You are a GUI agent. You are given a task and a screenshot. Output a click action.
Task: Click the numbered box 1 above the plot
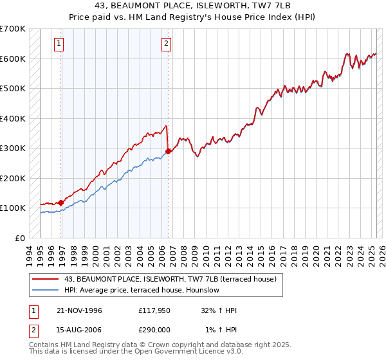tap(59, 44)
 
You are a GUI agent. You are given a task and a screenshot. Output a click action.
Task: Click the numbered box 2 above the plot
tap(166, 44)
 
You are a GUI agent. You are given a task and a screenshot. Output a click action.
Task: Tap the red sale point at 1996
tap(61, 203)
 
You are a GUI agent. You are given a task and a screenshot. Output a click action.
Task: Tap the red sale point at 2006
tap(169, 151)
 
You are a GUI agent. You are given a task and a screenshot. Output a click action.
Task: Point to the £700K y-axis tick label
tap(13, 29)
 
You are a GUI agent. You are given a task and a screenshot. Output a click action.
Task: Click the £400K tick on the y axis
tap(13, 118)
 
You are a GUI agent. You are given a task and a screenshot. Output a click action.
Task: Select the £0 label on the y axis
tap(19, 238)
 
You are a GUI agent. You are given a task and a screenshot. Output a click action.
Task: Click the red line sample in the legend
tap(46, 279)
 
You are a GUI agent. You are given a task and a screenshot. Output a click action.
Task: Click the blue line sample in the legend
tap(46, 290)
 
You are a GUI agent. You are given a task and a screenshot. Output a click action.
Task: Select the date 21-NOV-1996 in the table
tap(79, 310)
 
